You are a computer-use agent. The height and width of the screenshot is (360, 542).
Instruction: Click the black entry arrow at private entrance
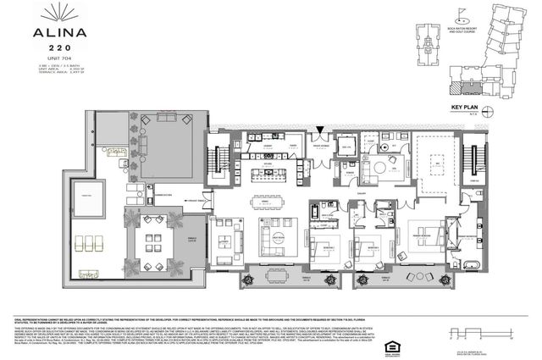pos(319,130)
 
